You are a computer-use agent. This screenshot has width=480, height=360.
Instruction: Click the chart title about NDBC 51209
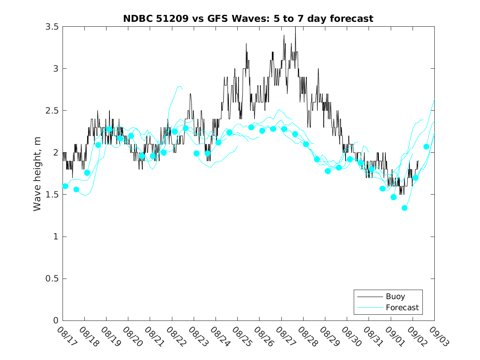tap(248, 19)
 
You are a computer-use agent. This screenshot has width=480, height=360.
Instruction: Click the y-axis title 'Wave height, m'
tap(37, 174)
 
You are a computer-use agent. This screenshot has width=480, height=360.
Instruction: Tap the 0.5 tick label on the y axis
tap(52, 279)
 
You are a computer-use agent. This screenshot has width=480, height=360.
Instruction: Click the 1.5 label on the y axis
tap(52, 195)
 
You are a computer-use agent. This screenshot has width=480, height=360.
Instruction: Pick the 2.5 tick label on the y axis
tap(52, 111)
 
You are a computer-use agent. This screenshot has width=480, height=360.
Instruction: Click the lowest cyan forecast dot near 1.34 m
tap(404, 208)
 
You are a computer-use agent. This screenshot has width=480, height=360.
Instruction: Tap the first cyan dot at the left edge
tap(65, 186)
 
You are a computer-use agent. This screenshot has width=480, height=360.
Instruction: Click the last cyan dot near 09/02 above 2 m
tap(426, 146)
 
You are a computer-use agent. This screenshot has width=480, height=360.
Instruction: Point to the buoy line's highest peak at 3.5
tap(295, 27)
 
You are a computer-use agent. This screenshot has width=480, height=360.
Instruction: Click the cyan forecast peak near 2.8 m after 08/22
tap(180, 86)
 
